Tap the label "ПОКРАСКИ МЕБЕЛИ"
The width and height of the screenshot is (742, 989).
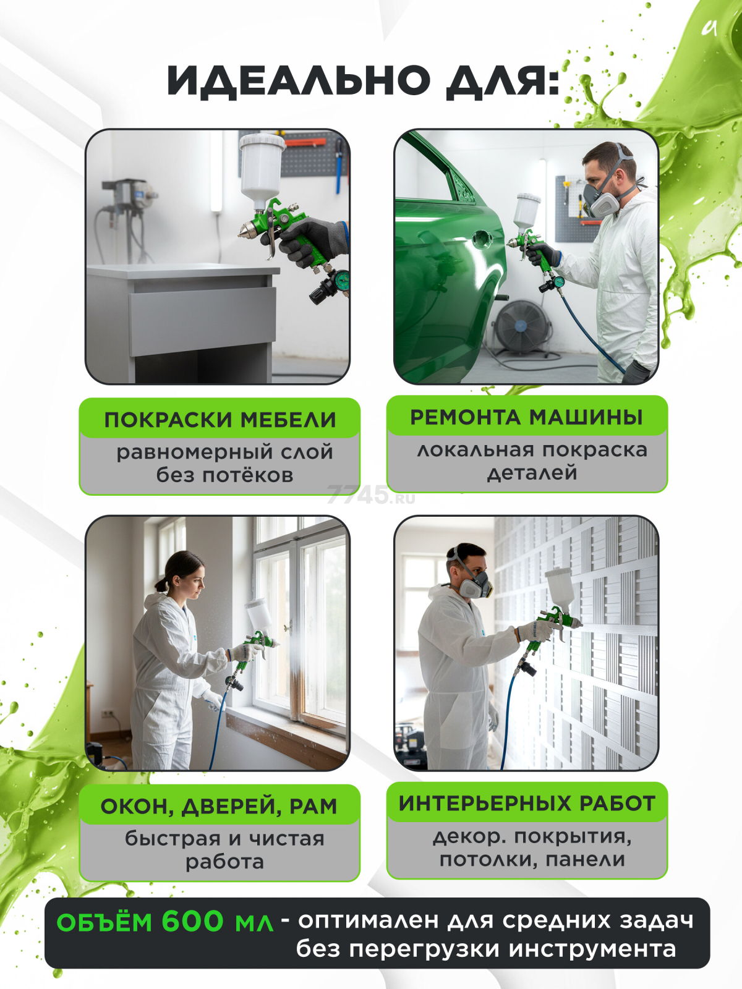tap(220, 420)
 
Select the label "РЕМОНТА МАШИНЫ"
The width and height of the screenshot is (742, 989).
tap(526, 417)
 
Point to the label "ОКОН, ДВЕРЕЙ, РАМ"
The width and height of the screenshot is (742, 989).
tap(219, 806)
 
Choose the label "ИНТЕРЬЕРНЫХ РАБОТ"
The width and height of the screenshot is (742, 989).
tap(527, 803)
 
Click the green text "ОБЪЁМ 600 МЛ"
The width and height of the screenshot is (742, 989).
tap(164, 922)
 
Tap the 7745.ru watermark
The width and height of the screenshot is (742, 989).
tap(370, 494)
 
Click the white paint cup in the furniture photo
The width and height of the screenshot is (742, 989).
tap(262, 164)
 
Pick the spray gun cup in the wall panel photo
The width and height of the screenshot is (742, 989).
tap(560, 587)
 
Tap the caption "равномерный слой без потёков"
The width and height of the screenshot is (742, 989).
tap(224, 464)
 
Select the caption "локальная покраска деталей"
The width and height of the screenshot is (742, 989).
tap(532, 461)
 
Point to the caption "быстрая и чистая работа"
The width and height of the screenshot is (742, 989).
tap(224, 850)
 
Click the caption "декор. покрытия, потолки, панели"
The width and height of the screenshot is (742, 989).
tap(532, 847)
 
